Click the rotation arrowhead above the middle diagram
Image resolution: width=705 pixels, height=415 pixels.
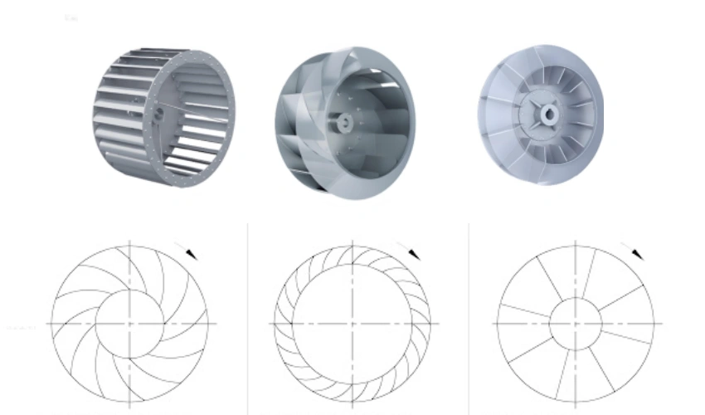[x=413, y=252]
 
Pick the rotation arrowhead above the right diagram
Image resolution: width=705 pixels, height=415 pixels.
[x=635, y=252]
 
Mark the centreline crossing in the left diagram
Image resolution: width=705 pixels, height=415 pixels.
[x=130, y=323]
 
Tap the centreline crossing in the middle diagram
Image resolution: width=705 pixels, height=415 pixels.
[x=352, y=323]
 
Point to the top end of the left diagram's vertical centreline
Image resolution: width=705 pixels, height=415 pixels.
[x=130, y=242]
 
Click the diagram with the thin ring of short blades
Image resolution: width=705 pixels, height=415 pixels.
[x=352, y=323]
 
